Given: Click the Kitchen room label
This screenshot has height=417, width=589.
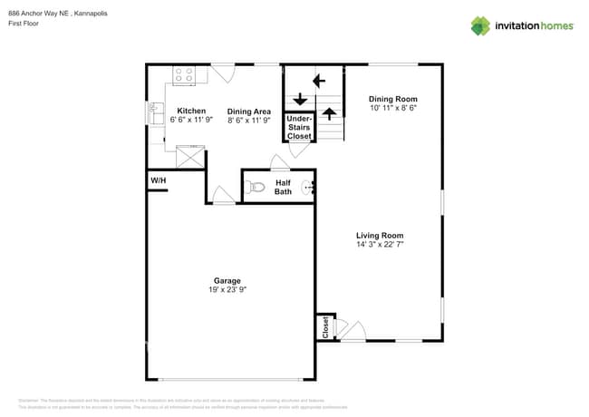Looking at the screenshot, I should coord(190,111).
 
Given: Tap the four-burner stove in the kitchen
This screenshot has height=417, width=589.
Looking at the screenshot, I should coord(185,76).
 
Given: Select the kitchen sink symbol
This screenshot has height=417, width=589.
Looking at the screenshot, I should coord(156,113).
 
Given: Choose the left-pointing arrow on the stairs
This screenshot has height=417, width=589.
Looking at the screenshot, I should coord(319,81).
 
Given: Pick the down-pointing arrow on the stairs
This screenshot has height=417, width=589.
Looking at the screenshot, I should coord(299,99).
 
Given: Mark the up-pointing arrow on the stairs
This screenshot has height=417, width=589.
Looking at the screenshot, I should coord(331,114).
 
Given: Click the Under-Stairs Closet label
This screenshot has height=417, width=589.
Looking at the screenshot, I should coord(299,128).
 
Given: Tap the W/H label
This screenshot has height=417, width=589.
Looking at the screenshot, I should coord(158,181).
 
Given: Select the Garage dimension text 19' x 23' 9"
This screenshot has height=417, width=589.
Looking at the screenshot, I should coord(227,290).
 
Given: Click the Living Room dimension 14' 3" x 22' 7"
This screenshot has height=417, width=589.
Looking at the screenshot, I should coord(380,245).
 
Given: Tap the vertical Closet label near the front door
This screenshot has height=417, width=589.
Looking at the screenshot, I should coord(324,327).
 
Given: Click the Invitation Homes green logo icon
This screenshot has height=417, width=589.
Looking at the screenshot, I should coord(480,25).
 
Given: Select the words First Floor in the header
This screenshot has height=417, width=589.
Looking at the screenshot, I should coord(24,24).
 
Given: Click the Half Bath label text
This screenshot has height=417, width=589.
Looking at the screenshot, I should coord(284,187).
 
